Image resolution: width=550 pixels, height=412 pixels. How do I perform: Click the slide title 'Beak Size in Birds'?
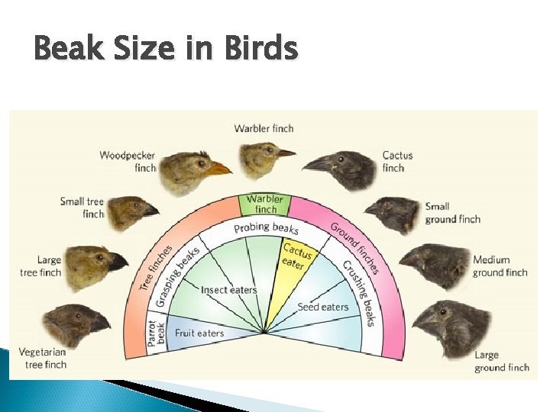(x=166, y=50)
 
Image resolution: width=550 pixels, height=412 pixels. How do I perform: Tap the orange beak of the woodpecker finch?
(x=219, y=167)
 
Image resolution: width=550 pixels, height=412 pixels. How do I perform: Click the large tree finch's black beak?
(x=117, y=262)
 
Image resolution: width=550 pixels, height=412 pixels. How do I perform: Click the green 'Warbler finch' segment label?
(x=265, y=204)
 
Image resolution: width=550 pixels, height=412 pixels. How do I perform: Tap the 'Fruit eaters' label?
(x=199, y=333)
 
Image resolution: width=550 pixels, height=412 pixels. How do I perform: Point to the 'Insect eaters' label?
(x=228, y=290)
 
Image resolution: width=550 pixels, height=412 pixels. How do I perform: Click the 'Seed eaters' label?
(x=322, y=307)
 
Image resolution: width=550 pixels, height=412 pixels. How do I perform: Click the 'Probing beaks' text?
(x=266, y=227)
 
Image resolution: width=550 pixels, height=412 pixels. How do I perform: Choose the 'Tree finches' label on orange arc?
(x=156, y=261)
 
